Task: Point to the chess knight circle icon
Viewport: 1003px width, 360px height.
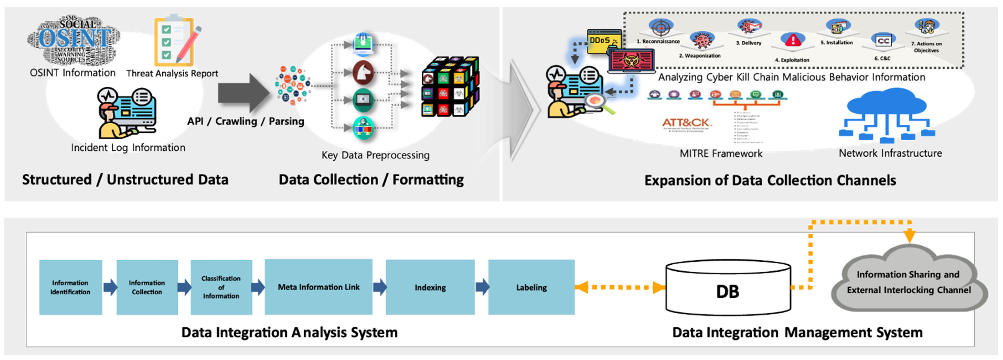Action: point(363,73)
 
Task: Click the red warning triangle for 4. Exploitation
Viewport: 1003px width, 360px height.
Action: point(792,40)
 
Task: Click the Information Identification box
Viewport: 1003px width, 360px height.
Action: point(70,287)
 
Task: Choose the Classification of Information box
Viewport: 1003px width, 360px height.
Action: point(221,287)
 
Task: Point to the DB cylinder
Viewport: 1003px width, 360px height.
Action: point(728,288)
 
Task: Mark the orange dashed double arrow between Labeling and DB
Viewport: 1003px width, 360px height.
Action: point(620,288)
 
